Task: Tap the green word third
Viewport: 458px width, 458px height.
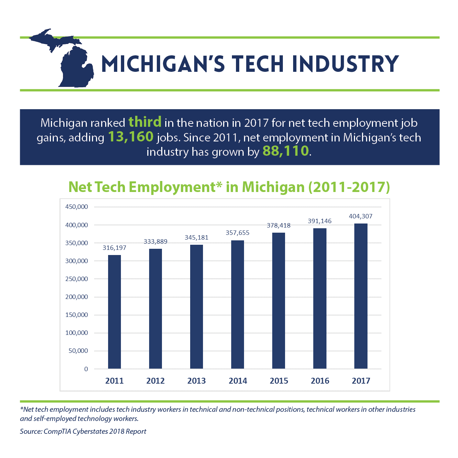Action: [x=145, y=122]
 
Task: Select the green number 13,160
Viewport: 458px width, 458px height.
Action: [x=131, y=137]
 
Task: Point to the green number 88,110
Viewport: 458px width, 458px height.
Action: [x=286, y=151]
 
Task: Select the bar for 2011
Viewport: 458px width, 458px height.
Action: [x=114, y=311]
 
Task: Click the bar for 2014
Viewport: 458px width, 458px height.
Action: [x=238, y=304]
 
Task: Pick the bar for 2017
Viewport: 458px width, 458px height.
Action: [x=361, y=296]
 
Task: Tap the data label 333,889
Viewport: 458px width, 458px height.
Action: [x=155, y=241]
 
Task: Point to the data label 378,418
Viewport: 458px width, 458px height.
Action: [x=278, y=225]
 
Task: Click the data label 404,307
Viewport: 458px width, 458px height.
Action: [x=361, y=216]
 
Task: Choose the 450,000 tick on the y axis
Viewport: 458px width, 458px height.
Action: [x=77, y=207]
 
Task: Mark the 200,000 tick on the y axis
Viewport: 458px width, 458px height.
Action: [x=77, y=297]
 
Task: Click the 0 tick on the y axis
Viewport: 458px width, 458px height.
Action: [x=86, y=369]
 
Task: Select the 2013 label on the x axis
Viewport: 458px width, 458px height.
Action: [x=196, y=381]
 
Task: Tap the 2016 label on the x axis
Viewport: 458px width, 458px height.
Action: [x=320, y=381]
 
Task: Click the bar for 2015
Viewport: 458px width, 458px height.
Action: [x=278, y=300]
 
